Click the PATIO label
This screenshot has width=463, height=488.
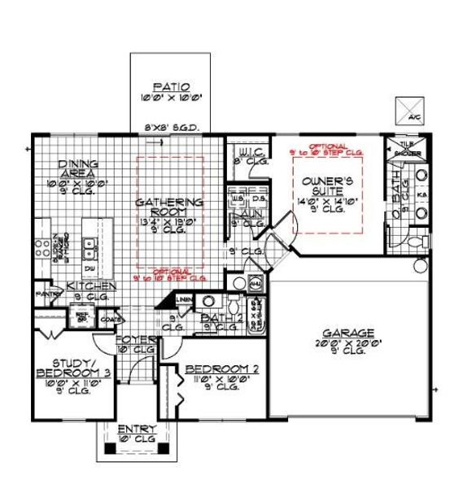[x=171, y=87]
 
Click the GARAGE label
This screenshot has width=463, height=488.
[x=348, y=333]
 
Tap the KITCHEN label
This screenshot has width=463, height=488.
[x=92, y=285]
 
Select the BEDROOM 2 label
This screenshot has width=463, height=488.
[x=222, y=368]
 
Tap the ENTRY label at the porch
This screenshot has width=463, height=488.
[x=132, y=429]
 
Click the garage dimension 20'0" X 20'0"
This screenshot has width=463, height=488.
[x=348, y=343]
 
